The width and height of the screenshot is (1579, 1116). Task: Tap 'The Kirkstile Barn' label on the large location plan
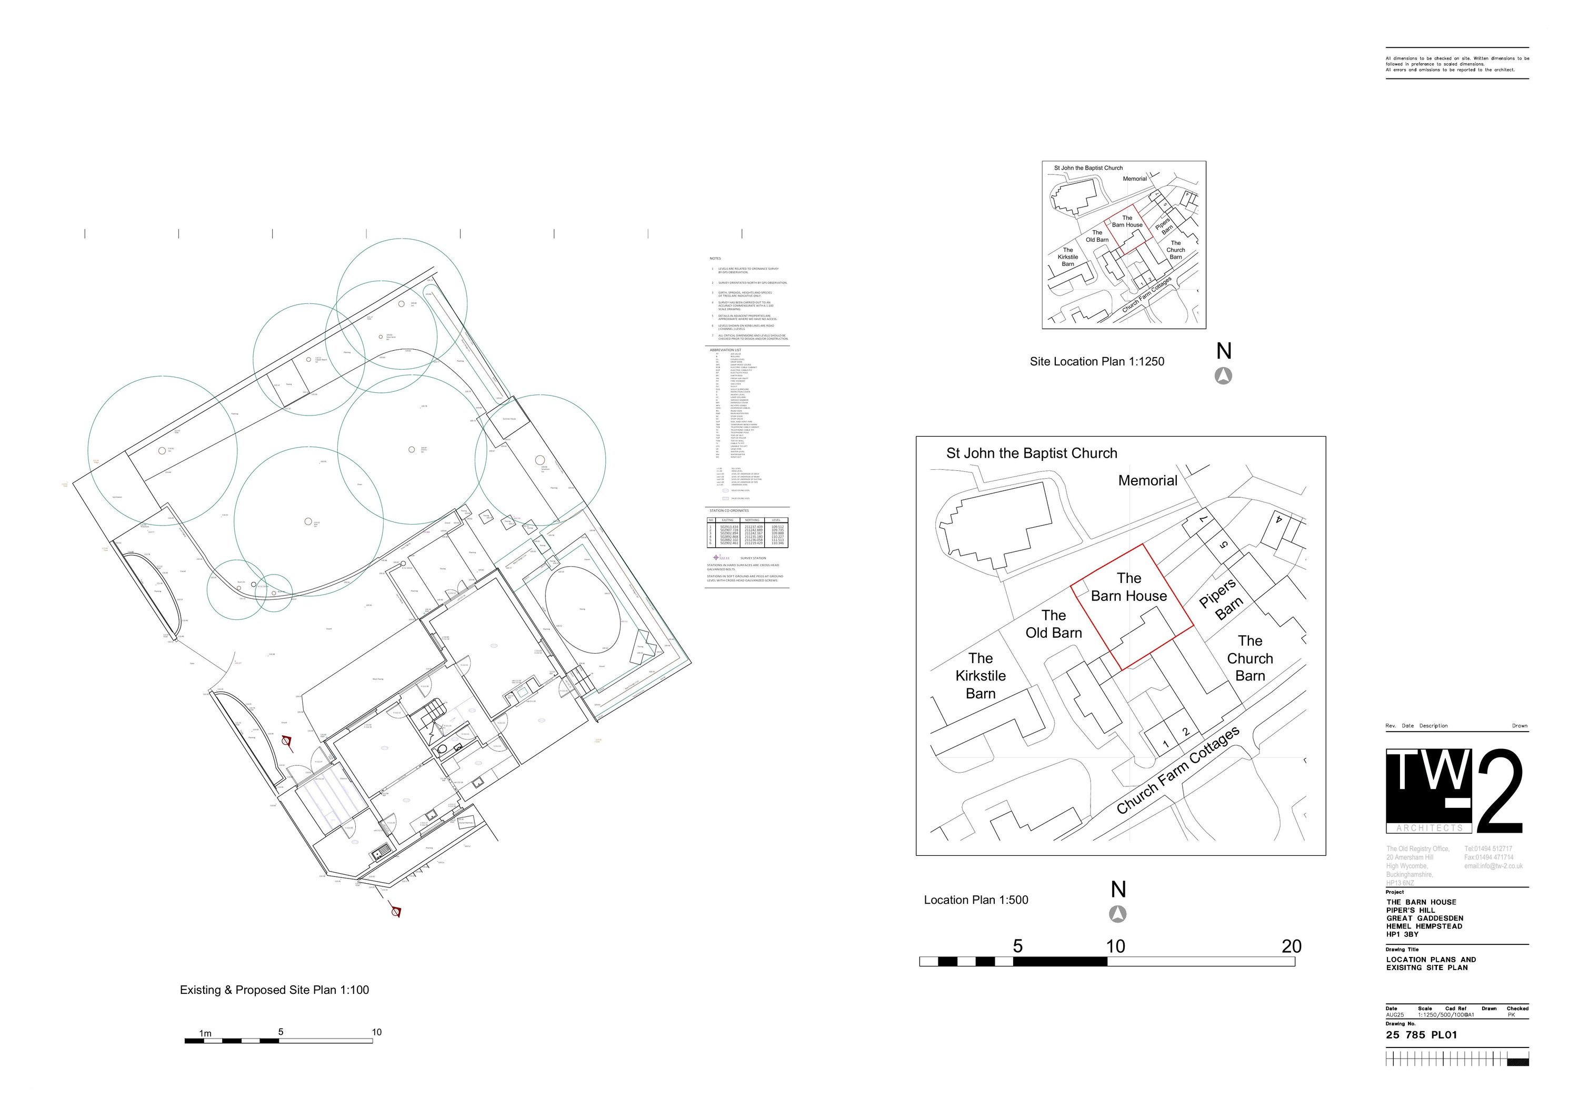(x=980, y=676)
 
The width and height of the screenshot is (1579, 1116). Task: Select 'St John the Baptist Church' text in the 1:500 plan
(x=1031, y=453)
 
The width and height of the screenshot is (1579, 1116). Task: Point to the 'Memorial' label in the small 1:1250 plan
(x=1135, y=179)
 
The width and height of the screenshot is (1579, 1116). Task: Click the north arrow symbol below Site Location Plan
(x=1223, y=376)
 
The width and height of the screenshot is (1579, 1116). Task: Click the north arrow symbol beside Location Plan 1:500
(x=1118, y=914)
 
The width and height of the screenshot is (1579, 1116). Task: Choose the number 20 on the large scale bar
(x=1291, y=946)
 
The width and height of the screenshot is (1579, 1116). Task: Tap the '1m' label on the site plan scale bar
(x=205, y=1033)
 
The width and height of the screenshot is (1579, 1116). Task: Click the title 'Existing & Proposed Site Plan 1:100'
(x=274, y=990)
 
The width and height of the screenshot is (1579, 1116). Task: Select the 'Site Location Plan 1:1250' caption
(x=1096, y=361)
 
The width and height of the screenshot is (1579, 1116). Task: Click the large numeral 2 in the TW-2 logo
(x=1499, y=793)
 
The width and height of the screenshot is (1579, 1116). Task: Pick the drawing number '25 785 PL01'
(x=1421, y=1035)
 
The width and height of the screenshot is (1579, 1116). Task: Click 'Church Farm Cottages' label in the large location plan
(x=1177, y=770)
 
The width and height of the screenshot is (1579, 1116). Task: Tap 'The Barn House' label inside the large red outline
(x=1128, y=587)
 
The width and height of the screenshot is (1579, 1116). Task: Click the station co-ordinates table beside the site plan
(x=747, y=532)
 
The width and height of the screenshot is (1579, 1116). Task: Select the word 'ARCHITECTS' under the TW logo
(x=1429, y=828)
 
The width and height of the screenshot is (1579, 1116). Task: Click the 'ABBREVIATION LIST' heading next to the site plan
(x=725, y=350)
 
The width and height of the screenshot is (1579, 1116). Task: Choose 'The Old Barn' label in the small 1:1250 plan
(x=1097, y=236)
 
